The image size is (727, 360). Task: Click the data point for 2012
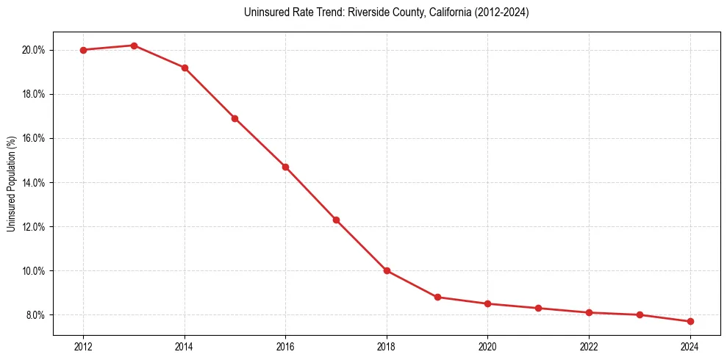83,50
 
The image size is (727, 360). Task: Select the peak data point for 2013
134,46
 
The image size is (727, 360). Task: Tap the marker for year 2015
234,118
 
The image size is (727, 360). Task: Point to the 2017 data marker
336,220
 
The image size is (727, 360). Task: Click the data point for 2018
387,270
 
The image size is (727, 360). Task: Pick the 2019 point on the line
437,297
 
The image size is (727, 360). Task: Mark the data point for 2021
538,308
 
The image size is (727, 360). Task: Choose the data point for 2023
640,314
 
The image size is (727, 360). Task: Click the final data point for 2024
690,321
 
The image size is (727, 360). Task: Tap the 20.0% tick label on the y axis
34,50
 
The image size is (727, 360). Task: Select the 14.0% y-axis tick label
34,182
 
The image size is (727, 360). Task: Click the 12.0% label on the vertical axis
34,226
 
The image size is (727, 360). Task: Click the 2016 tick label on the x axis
285,347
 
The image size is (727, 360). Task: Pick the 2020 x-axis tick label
487,347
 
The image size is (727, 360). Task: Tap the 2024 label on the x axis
690,347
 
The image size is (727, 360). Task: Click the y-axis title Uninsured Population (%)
11,184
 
